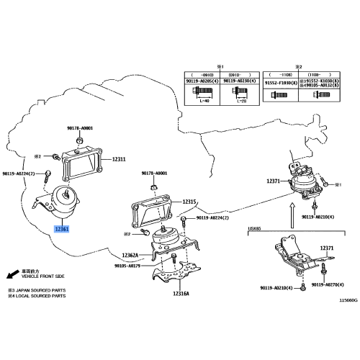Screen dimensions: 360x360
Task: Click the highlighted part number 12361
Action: pos(63,230)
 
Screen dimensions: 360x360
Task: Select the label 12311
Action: pos(118,159)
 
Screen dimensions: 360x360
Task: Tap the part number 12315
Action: pos(189,202)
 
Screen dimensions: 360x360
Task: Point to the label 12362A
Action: pos(131,256)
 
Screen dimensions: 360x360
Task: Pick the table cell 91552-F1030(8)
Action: pos(279,82)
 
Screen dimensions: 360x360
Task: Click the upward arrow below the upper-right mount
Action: pos(292,212)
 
